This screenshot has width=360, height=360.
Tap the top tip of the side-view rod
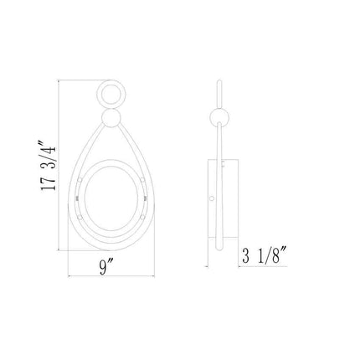[216, 83]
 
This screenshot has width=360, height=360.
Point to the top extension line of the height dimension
[80, 81]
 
